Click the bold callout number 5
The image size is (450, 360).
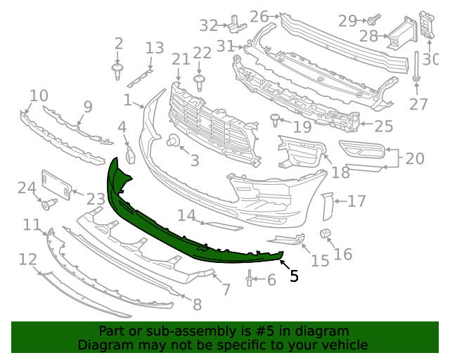(x=294, y=276)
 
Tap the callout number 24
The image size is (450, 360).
(x=27, y=188)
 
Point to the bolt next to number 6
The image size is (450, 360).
(x=250, y=280)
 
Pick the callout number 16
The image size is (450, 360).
(x=343, y=252)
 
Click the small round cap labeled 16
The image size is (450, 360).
(x=326, y=233)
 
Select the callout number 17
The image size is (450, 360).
(x=356, y=202)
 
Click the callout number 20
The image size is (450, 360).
(x=415, y=158)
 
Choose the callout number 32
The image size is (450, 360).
(x=209, y=25)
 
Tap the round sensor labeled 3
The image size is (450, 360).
(x=172, y=142)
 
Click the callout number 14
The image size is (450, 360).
(x=186, y=214)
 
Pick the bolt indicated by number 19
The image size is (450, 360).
(x=276, y=120)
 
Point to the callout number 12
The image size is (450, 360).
(x=27, y=259)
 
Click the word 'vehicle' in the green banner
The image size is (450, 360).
(x=344, y=345)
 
